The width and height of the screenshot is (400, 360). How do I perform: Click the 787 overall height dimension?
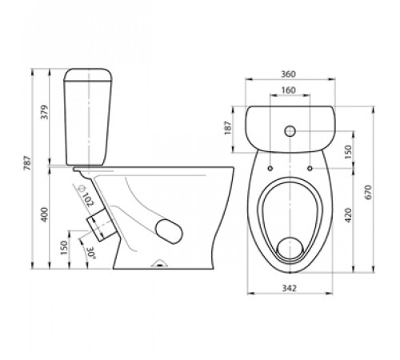(x=28, y=163)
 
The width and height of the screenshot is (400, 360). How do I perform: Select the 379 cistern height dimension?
(x=45, y=112)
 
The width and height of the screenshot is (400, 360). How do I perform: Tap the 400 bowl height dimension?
(x=45, y=214)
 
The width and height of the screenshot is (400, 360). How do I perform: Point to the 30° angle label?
(x=91, y=253)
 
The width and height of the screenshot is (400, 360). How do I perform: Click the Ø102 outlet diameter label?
(x=86, y=195)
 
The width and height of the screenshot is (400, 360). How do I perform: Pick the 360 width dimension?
(x=289, y=74)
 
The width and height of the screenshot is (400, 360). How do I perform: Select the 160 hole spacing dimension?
(x=289, y=90)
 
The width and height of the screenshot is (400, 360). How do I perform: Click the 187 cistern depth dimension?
(x=227, y=128)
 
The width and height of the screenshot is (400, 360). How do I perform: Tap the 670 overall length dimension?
(x=368, y=192)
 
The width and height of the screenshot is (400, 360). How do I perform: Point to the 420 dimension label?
(x=348, y=215)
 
